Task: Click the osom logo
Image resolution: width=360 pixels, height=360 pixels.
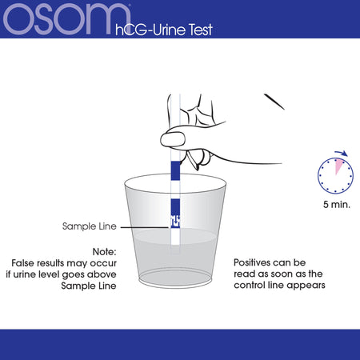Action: pos(66,19)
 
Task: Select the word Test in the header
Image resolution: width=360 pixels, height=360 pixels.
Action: pos(201,30)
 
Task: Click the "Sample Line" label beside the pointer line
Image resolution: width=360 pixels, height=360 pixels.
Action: pos(90,226)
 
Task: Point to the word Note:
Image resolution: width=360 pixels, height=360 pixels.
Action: pos(104,251)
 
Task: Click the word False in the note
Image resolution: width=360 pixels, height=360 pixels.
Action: pos(23,263)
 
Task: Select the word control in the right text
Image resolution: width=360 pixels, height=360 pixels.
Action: pos(250,285)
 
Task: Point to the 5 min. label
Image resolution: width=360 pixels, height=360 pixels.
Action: pos(337,205)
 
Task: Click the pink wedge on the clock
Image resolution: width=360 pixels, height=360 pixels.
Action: pos(338,166)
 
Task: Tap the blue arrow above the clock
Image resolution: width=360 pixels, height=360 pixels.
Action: pos(342,153)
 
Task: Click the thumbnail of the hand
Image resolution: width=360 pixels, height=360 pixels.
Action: pos(173,138)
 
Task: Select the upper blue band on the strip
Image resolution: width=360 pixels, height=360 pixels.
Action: pos(175,170)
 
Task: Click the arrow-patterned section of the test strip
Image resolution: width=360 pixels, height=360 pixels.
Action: pos(175,222)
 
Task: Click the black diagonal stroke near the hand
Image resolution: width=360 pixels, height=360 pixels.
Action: pos(274,102)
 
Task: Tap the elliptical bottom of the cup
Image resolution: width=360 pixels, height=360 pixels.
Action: pos(175,278)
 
